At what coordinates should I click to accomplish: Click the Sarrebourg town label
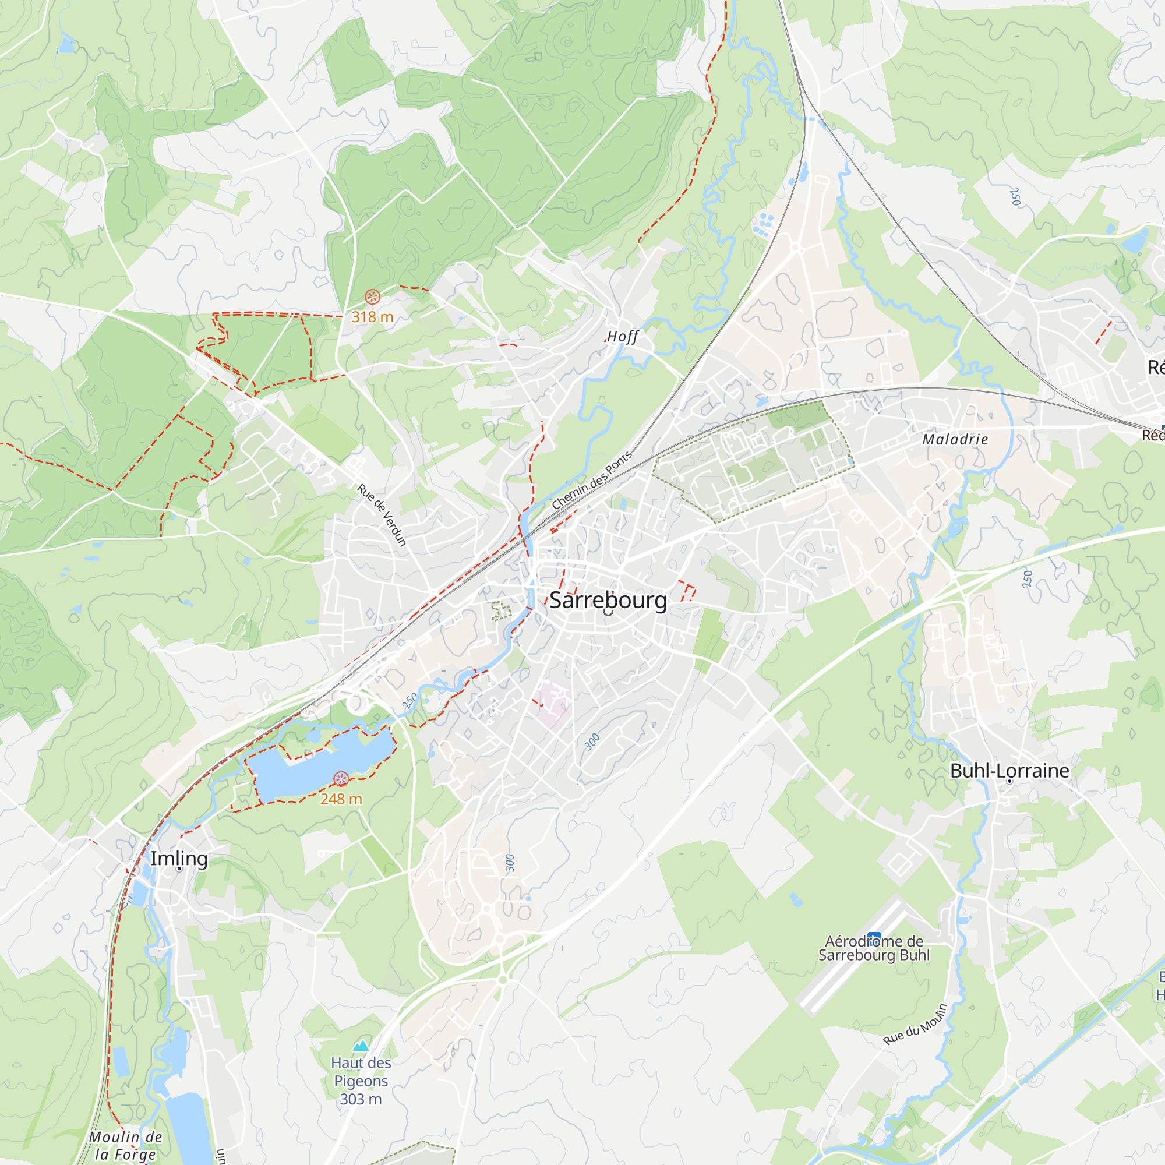tap(608, 600)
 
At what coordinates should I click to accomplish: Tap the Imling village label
tap(178, 858)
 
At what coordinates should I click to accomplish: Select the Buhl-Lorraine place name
tap(1009, 771)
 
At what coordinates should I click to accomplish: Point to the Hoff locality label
tap(622, 337)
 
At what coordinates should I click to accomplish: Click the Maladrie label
tap(955, 440)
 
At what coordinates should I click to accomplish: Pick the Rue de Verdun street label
tap(382, 515)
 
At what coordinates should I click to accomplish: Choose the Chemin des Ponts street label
tap(592, 480)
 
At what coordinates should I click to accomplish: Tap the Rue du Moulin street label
tap(915, 1025)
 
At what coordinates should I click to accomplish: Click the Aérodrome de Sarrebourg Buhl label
tap(874, 948)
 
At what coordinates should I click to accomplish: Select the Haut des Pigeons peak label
tap(361, 1081)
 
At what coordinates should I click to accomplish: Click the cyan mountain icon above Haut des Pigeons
tap(361, 1045)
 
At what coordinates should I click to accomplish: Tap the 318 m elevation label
tap(372, 317)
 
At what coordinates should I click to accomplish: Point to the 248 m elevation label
tap(341, 799)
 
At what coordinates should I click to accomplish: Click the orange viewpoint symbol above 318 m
tap(372, 296)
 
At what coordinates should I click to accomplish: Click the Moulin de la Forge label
tap(125, 1145)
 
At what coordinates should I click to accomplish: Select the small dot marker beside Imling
tap(179, 869)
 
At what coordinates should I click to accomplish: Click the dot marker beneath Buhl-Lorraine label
tap(1009, 782)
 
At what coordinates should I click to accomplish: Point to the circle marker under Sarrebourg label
tap(608, 612)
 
